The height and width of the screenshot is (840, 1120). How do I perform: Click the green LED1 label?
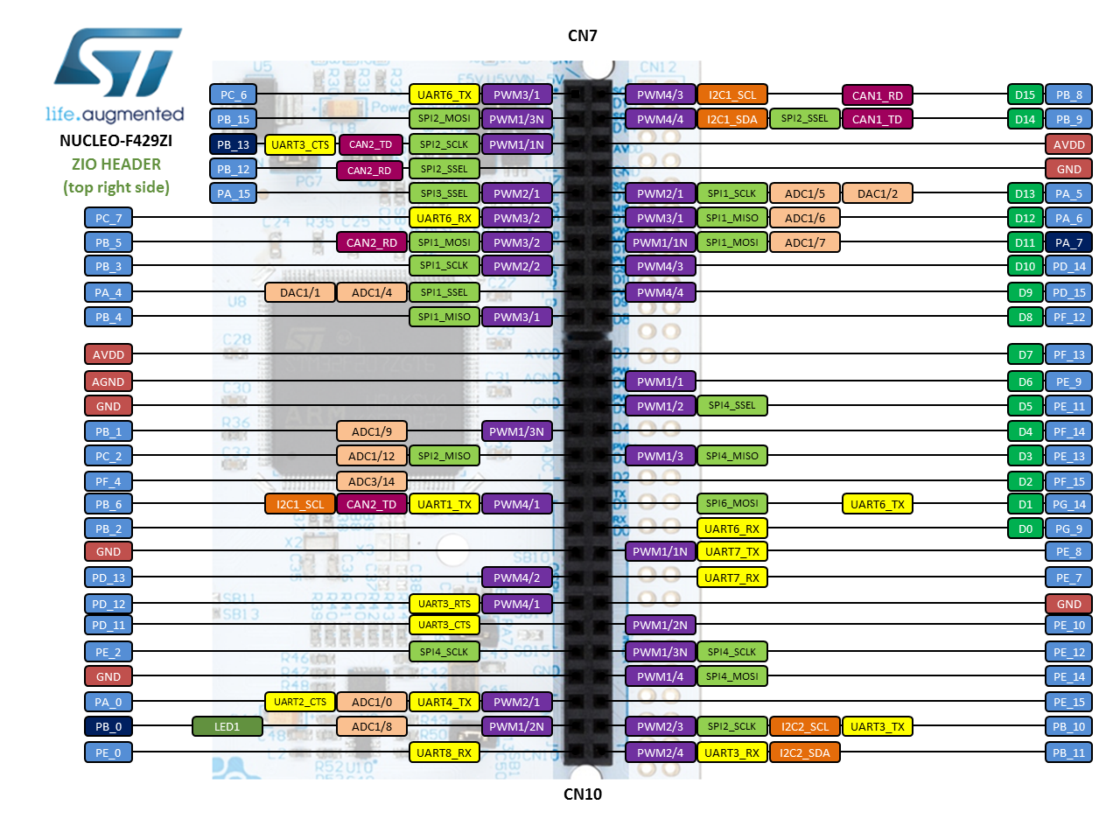click(227, 726)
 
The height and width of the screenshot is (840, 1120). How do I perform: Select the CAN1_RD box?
click(877, 95)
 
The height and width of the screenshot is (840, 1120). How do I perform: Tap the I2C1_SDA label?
click(731, 119)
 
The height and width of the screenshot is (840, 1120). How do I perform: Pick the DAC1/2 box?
click(877, 193)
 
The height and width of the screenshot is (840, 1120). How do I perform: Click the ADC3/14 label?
click(372, 481)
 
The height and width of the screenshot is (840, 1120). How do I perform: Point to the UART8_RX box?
click(444, 752)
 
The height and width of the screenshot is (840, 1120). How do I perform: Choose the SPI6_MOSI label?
click(731, 504)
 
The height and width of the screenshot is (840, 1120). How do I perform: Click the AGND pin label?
click(108, 381)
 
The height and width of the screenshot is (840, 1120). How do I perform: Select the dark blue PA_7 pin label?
click(1068, 242)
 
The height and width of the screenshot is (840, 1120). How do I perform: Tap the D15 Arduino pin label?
click(1024, 94)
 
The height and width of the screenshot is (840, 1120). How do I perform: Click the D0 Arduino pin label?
click(1024, 528)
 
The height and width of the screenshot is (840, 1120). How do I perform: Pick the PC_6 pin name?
click(233, 94)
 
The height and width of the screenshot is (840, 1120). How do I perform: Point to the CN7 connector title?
click(582, 36)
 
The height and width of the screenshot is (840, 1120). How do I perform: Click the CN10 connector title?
click(582, 794)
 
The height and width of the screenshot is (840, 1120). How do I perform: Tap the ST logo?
click(118, 62)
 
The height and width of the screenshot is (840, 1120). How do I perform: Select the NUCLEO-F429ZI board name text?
click(115, 141)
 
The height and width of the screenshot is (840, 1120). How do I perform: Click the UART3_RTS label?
click(444, 604)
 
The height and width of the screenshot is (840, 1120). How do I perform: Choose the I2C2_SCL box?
click(804, 726)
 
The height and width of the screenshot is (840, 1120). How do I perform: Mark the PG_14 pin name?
click(1068, 504)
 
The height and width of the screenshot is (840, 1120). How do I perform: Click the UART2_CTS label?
click(299, 702)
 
